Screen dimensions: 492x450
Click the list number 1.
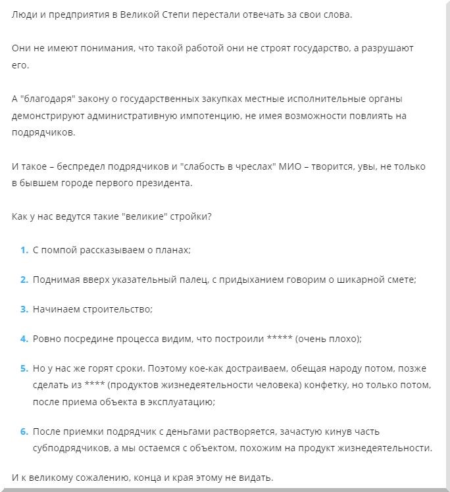(x=24, y=250)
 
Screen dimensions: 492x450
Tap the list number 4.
(x=24, y=339)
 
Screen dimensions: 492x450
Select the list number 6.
(x=24, y=431)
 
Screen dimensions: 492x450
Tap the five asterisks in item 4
(x=280, y=339)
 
